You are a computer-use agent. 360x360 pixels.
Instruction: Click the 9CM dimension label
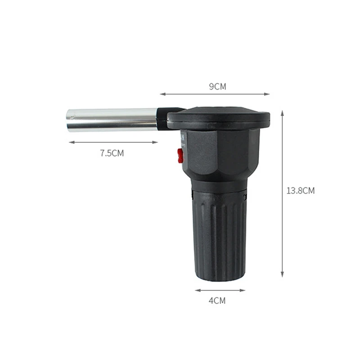(217, 86)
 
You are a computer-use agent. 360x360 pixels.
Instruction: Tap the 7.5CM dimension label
(112, 153)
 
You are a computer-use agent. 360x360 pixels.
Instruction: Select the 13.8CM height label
(300, 191)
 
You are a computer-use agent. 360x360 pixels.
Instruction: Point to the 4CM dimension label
(217, 301)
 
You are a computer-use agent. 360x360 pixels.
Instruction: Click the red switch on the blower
(180, 155)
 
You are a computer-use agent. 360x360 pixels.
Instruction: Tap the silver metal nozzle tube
(112, 120)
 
